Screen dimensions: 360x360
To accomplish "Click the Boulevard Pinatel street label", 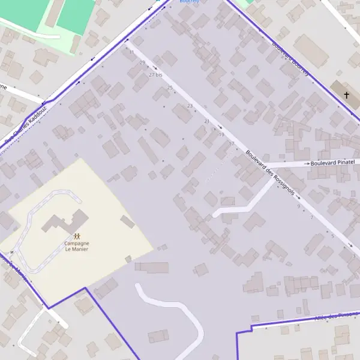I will (333, 162).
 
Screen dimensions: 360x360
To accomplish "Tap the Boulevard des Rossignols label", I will (270, 173).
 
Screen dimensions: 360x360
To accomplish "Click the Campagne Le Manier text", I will (77, 246).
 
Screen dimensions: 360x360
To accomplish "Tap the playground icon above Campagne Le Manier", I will (77, 236).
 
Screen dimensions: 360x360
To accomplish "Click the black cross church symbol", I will (346, 95).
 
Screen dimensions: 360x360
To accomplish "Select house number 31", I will (131, 52).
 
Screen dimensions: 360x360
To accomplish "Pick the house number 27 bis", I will (155, 75).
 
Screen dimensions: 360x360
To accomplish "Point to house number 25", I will (170, 88).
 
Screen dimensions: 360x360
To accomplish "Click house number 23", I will (190, 106).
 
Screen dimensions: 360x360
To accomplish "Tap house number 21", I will (207, 121).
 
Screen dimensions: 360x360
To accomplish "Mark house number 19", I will (221, 134).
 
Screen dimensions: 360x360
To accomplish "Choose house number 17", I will (231, 143).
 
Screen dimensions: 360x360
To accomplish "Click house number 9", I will (298, 206).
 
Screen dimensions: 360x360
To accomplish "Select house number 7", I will (311, 217).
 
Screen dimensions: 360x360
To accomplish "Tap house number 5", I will (332, 236).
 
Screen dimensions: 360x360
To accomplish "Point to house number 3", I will (353, 256).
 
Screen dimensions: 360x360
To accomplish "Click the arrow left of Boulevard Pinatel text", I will (307, 163).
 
